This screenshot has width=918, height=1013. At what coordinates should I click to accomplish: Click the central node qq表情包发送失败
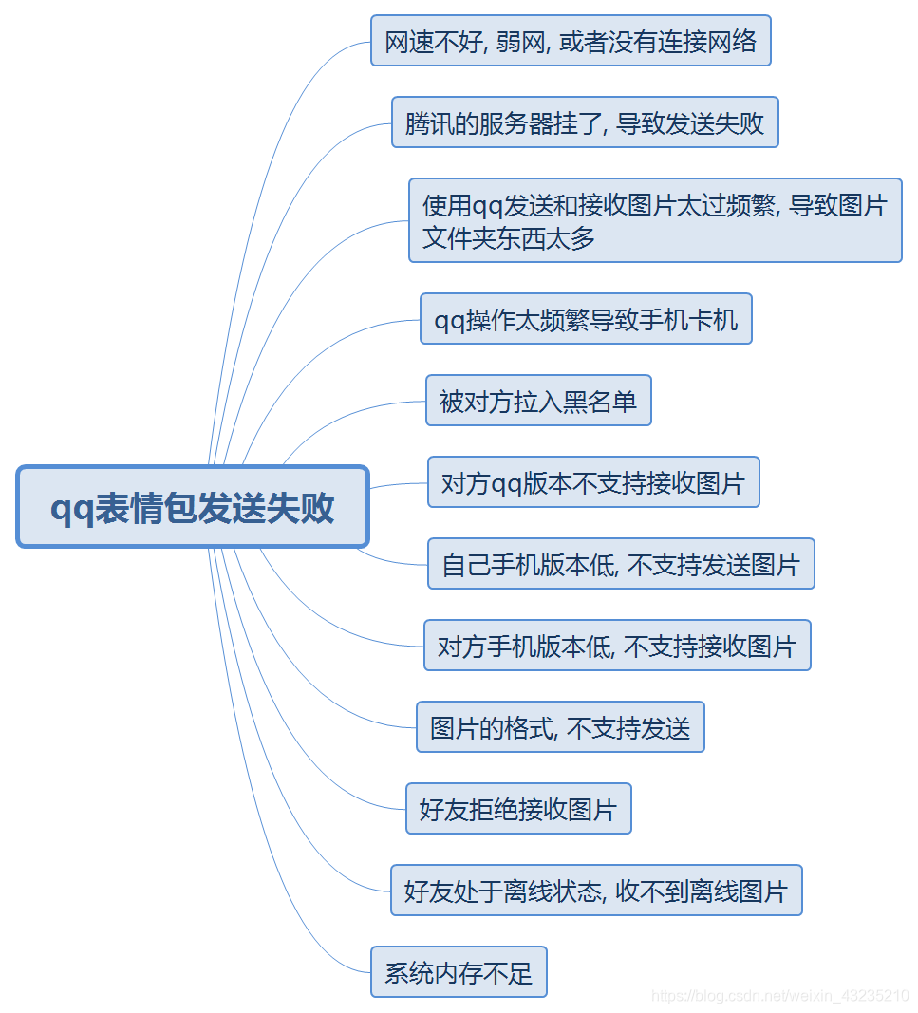pos(193,507)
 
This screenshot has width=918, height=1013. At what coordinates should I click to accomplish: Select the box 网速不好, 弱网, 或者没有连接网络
pos(571,41)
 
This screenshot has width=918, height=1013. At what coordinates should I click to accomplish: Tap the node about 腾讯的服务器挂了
pos(585,122)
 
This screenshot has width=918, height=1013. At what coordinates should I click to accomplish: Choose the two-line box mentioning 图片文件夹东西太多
pos(655,220)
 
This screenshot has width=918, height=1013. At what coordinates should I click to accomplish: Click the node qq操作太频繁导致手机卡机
pos(586,319)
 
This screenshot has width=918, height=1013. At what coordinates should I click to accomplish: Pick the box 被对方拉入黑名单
pos(538,401)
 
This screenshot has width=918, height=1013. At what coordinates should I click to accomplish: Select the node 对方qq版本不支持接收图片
pos(593,482)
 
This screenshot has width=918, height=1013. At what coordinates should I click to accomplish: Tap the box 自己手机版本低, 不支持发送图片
pos(621,564)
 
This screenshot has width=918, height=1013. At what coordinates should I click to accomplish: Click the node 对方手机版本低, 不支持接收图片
pos(617,646)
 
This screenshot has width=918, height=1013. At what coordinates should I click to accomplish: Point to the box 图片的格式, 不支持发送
pos(560,727)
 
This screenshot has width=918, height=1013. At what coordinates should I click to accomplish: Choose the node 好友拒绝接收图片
pos(518,809)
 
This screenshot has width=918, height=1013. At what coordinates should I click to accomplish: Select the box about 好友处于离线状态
pos(596,891)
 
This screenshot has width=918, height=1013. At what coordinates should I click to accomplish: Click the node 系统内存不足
pos(459,972)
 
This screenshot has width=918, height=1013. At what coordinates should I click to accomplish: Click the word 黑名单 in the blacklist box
pos(600,401)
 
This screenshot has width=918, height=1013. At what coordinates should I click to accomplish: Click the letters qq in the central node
pos(69,509)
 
